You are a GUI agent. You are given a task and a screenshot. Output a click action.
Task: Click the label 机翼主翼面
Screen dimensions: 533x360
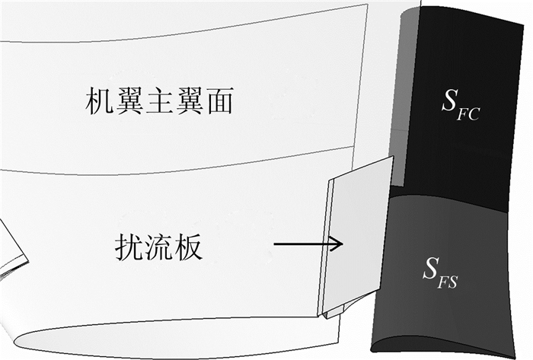(x=158, y=101)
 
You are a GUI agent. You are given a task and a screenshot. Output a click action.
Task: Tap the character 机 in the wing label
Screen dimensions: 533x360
(x=100, y=101)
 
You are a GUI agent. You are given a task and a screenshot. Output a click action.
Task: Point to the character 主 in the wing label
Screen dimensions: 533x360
(x=158, y=101)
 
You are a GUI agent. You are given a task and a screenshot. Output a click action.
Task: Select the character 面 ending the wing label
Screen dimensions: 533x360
(x=217, y=101)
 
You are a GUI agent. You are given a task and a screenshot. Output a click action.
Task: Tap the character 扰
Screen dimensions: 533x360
(x=129, y=246)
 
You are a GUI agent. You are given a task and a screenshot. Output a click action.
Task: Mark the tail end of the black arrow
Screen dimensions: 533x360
(x=275, y=244)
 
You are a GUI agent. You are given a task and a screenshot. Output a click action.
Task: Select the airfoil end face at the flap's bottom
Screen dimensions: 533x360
(x=442, y=342)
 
